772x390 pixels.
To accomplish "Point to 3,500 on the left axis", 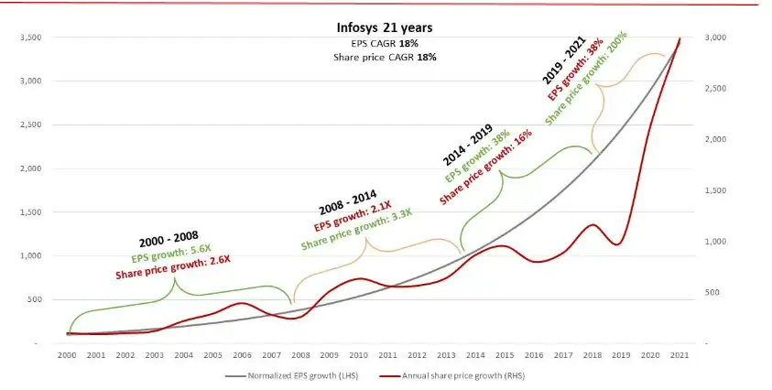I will point(34,38).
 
